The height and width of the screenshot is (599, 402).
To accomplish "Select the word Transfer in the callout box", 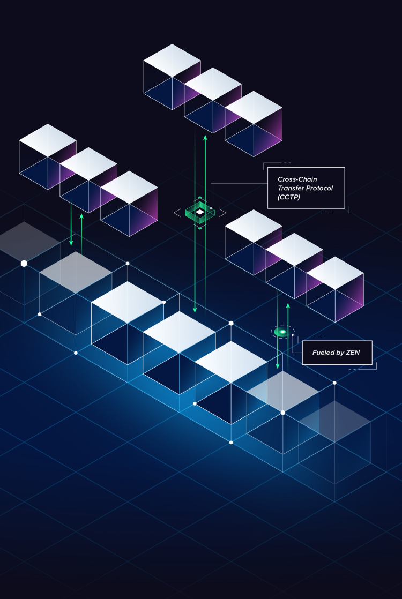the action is point(289,188).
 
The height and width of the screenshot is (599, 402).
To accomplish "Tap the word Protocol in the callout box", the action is point(318,188).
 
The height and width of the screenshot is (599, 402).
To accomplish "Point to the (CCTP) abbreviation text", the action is point(289,197).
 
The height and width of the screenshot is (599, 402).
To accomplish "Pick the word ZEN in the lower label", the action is point(353,353).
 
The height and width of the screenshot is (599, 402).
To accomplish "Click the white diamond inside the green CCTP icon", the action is point(200,212).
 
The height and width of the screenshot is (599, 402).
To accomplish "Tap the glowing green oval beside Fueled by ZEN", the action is point(282,332).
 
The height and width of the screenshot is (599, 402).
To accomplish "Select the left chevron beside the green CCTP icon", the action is point(177,213).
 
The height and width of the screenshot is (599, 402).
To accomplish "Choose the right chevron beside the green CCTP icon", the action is point(222,213).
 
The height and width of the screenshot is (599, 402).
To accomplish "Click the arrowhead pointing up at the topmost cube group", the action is point(205,138).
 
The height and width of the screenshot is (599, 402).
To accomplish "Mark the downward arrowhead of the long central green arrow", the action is point(195,310).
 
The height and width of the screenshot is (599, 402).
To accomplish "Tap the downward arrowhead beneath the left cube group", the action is point(71,243).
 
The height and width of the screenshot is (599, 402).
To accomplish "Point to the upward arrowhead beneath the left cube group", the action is point(81,216).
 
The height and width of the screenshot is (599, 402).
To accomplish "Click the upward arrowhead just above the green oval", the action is point(288,305).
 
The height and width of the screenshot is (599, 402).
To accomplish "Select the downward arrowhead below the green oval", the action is point(278,366).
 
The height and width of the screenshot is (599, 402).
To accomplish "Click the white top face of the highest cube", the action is point(173,61).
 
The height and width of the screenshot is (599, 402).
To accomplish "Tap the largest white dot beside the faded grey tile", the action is point(24,264).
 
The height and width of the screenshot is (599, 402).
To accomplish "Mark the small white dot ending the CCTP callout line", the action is point(211,208).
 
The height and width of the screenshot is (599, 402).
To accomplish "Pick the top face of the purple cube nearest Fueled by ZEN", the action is point(335,273).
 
